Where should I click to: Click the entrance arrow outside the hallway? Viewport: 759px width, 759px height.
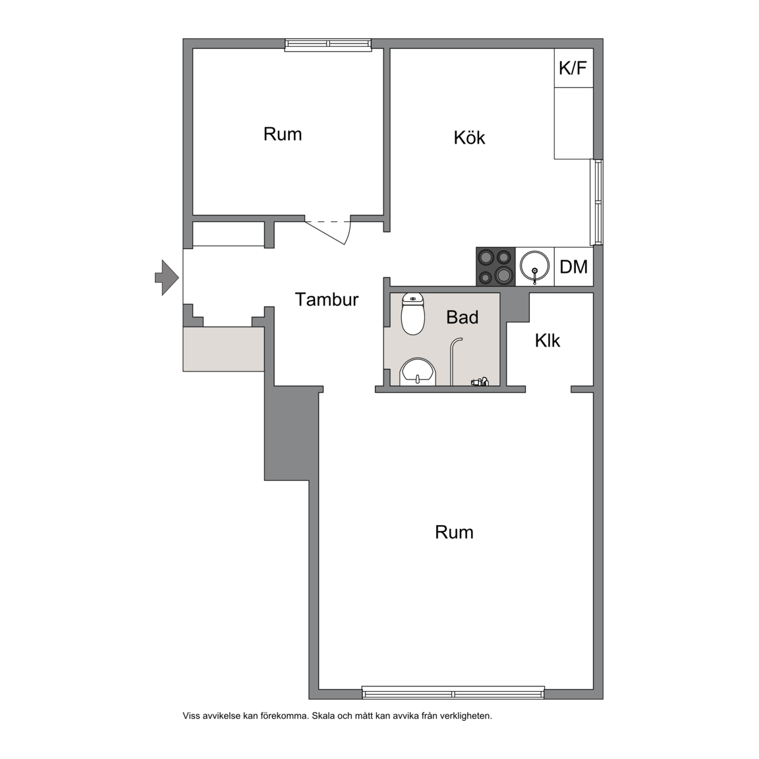(x=167, y=277)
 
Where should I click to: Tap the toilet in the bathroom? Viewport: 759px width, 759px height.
(x=413, y=314)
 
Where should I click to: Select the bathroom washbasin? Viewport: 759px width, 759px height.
(x=418, y=372)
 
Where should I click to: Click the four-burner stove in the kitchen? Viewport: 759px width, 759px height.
(x=495, y=266)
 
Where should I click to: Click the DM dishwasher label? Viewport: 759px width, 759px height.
(x=574, y=267)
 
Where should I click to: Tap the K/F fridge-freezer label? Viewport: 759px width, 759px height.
(x=573, y=69)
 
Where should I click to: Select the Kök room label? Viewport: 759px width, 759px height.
(x=469, y=138)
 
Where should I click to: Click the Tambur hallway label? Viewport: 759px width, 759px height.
(x=327, y=299)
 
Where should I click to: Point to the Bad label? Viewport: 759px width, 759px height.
(x=463, y=317)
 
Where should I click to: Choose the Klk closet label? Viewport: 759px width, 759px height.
(x=548, y=340)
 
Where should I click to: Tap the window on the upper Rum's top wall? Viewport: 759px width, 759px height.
(x=328, y=44)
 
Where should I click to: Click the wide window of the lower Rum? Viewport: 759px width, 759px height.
(x=453, y=693)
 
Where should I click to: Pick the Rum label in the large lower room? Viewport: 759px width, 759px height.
(x=454, y=532)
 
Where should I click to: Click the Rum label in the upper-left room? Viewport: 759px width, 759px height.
(x=283, y=134)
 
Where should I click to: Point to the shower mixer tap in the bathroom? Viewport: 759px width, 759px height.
(x=480, y=382)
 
